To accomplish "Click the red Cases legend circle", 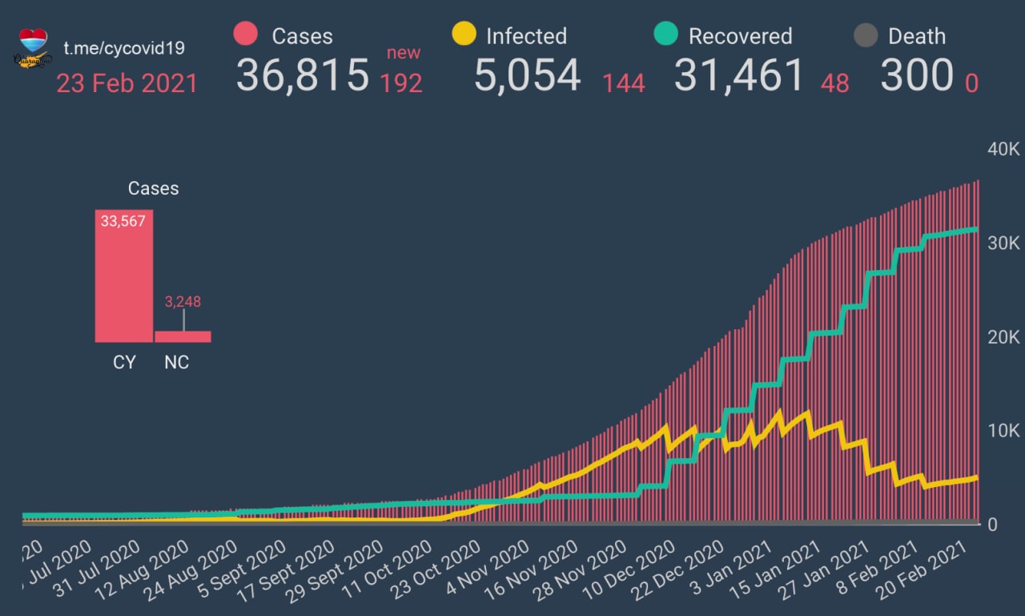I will click(245, 34).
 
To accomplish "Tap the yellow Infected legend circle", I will click(464, 34).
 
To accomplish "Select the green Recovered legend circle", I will click(666, 34).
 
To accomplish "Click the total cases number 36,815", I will click(303, 75).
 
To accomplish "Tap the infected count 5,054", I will click(527, 75).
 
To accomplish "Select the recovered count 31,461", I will click(738, 75).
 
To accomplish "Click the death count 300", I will click(916, 75).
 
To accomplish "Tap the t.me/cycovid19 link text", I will click(124, 48).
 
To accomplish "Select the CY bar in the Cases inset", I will click(124, 276).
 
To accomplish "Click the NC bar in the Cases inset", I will click(183, 336).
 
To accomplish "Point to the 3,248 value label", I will click(183, 302).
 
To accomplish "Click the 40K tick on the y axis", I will click(1003, 150).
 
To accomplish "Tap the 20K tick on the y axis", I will click(1003, 337).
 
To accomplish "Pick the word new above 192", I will click(404, 53).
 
